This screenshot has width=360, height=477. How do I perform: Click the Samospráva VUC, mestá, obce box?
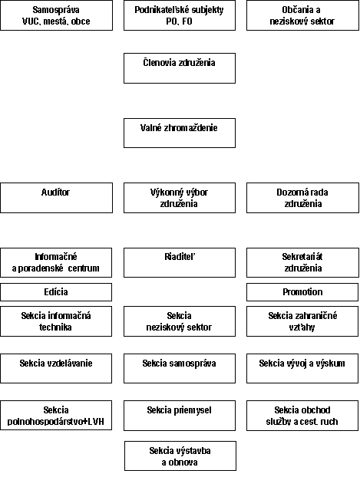coord(56,15)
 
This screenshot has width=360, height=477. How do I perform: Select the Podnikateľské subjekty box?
coord(180,15)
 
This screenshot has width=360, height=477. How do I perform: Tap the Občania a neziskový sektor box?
coord(302,15)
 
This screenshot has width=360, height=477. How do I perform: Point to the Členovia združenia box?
coord(180,68)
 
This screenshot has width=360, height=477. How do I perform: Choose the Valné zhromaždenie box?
coord(180,133)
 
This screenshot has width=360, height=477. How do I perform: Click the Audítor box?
coord(56,198)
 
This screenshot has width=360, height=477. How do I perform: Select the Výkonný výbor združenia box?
coord(180,198)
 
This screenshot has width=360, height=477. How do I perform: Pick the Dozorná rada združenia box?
coord(302,198)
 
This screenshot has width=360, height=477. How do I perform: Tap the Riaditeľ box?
coord(180,262)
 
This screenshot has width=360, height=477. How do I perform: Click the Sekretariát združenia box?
coord(302,262)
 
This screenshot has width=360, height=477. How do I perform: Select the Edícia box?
coord(56,292)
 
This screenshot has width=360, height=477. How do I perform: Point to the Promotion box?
coord(302,292)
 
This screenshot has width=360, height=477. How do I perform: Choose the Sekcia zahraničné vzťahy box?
coord(302,321)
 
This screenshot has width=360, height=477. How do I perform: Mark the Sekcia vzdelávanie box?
coord(56,368)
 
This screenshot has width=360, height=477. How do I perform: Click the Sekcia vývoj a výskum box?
coord(302,368)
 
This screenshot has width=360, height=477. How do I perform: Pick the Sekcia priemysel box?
coord(180,416)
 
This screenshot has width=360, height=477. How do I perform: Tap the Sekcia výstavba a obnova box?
coord(180,456)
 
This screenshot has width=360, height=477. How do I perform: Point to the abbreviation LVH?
coord(96,422)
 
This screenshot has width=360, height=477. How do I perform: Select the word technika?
coord(55,327)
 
